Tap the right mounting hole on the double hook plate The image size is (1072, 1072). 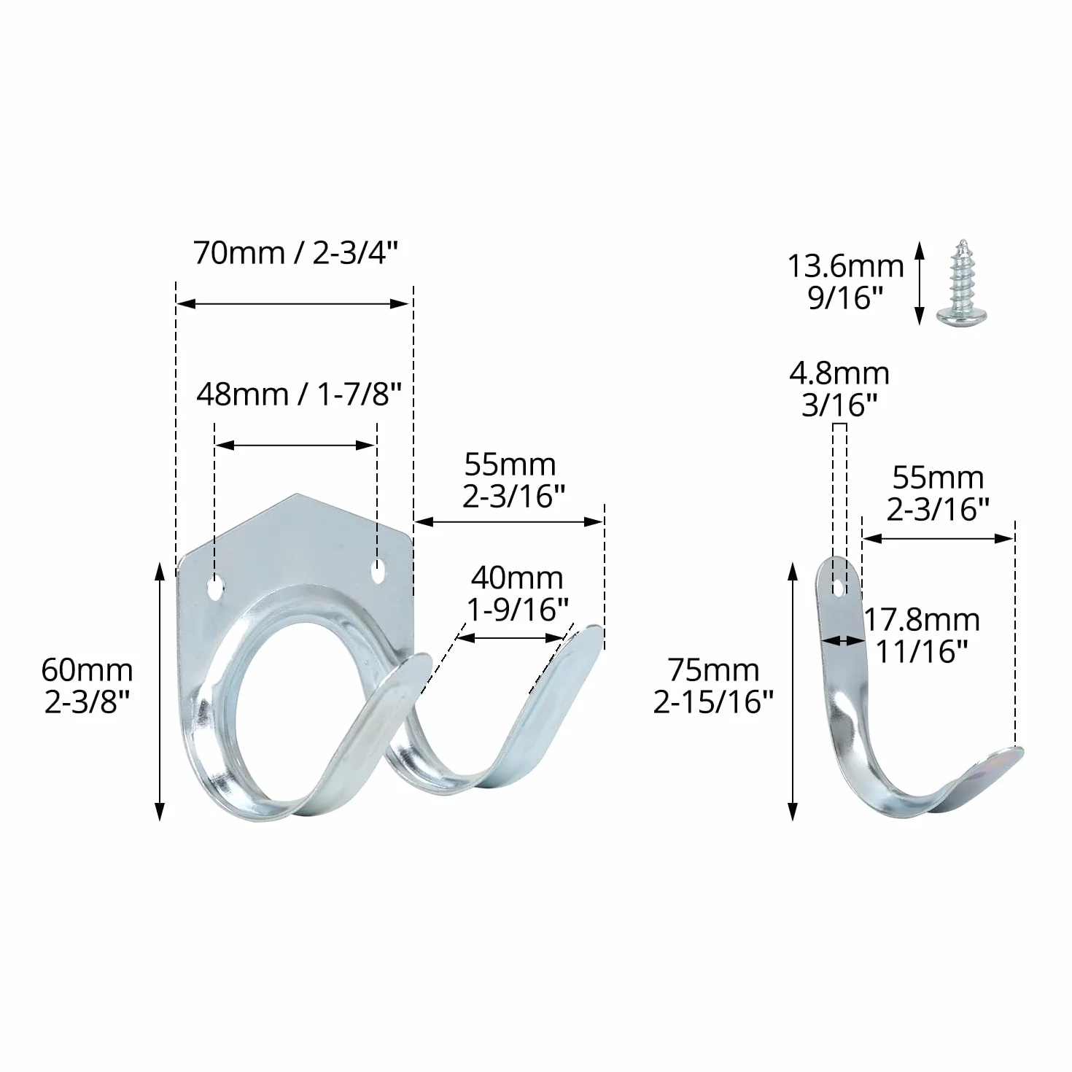[378, 572]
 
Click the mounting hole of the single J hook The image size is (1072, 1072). [839, 588]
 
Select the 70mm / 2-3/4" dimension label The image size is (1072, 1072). [296, 253]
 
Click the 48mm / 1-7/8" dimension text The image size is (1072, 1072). [299, 395]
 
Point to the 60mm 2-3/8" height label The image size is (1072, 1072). [88, 686]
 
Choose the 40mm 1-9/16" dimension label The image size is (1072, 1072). [517, 594]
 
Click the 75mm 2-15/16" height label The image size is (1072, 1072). [713, 686]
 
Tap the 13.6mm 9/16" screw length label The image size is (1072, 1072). [846, 282]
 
